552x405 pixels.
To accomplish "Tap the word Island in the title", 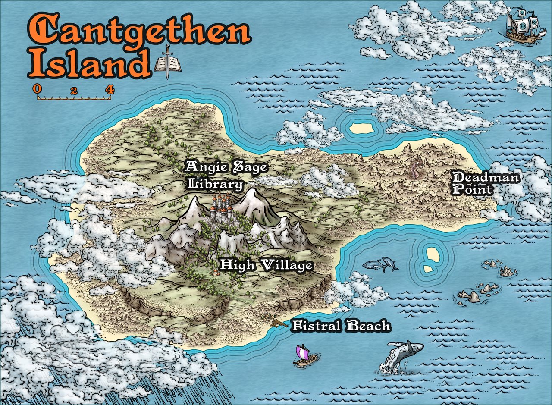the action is (x=88, y=64).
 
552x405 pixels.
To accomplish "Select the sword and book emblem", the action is (x=167, y=62).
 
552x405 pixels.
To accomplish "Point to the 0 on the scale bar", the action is (x=38, y=89).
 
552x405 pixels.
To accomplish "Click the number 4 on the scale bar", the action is (x=110, y=90).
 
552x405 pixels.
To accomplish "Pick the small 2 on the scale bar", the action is (x=74, y=91).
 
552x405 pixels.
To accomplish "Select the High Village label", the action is (x=266, y=265).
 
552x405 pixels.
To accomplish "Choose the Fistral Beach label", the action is (x=341, y=326).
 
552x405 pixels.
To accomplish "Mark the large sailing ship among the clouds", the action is (x=523, y=25).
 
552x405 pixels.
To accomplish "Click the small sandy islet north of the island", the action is (x=361, y=128).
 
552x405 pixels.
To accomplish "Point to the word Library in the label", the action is (x=215, y=185).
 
